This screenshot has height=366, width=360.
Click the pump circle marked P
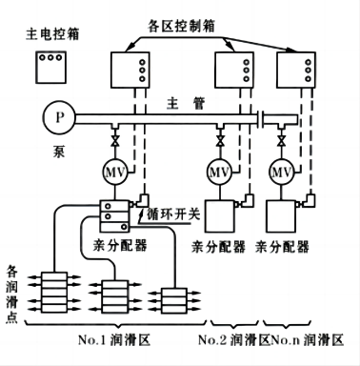[x=60, y=120]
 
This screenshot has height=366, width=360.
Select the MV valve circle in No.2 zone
[x=220, y=173]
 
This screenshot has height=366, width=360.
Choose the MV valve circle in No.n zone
[x=281, y=173]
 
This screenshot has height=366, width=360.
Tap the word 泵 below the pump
[x=58, y=150]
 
